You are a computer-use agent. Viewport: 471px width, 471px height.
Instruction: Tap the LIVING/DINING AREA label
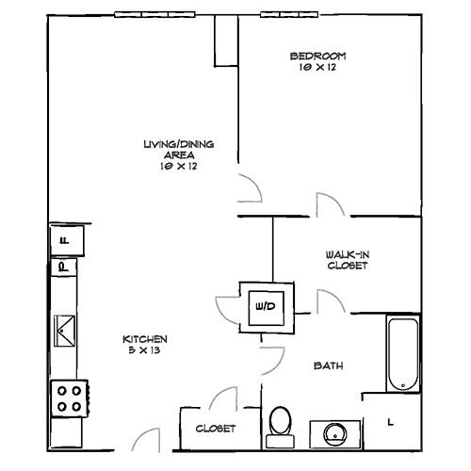[x=178, y=144]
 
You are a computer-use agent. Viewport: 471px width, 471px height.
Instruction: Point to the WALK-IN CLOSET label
[x=347, y=259]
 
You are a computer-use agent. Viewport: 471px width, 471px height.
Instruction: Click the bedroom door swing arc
[x=249, y=187]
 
